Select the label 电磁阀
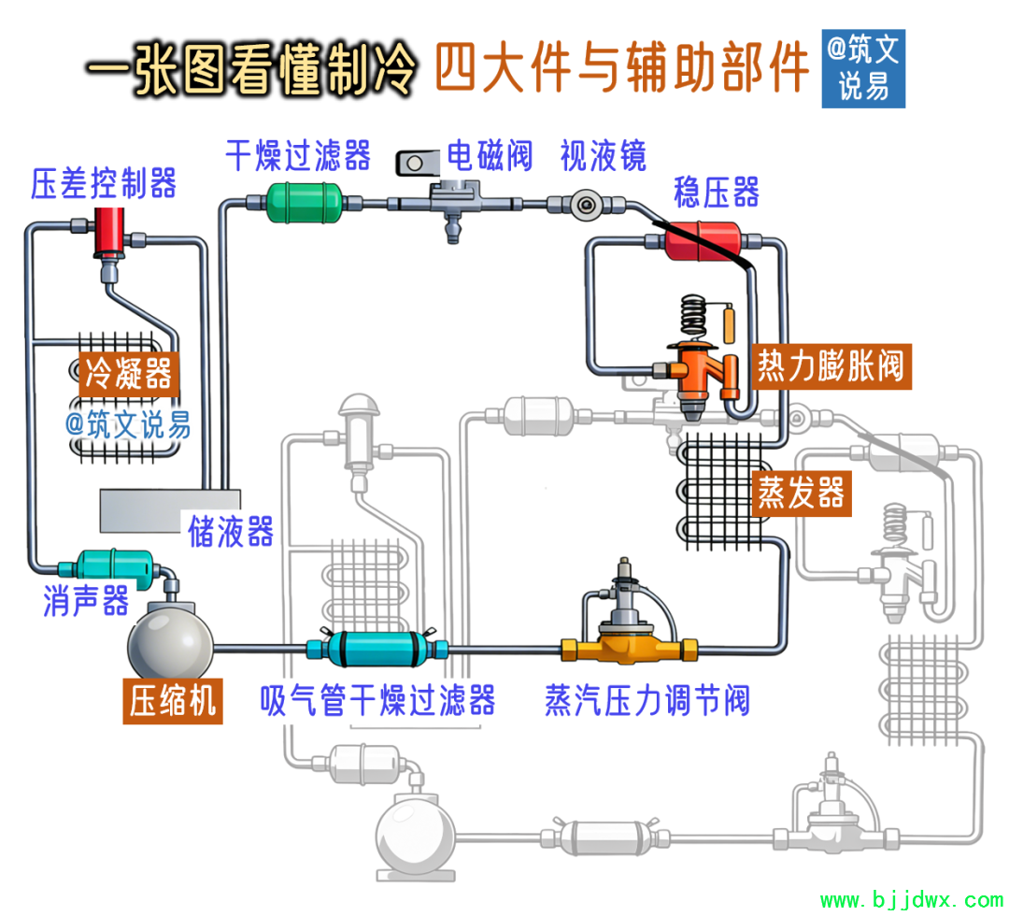(x=489, y=155)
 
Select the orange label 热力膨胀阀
(x=830, y=365)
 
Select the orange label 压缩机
(x=173, y=701)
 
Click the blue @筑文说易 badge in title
(x=862, y=67)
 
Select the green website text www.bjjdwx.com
(x=911, y=901)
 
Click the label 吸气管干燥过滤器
(x=377, y=700)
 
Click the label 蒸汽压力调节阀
(x=647, y=700)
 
